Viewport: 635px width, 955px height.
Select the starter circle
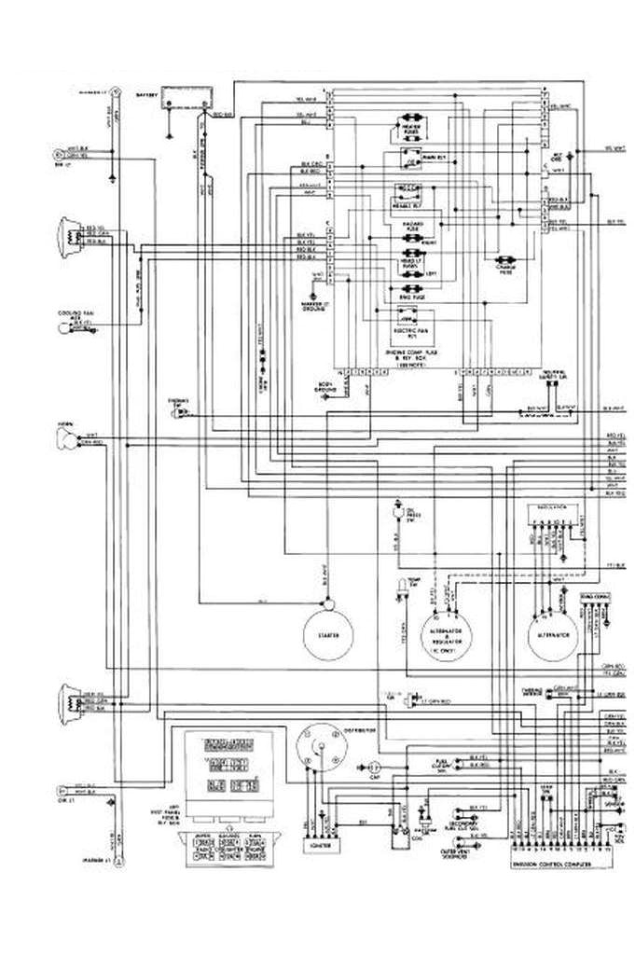click(x=327, y=634)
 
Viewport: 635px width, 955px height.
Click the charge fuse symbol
click(x=509, y=261)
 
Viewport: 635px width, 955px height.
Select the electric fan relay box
click(x=408, y=314)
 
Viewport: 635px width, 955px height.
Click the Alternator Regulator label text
click(x=445, y=637)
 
